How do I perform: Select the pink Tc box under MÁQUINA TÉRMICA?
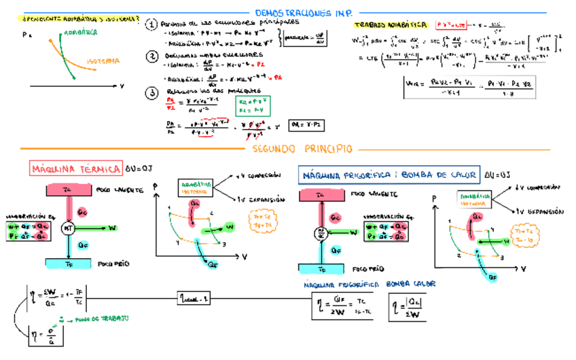point(69,190)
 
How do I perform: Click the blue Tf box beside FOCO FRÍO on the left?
point(69,263)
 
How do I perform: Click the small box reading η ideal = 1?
point(196,297)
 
